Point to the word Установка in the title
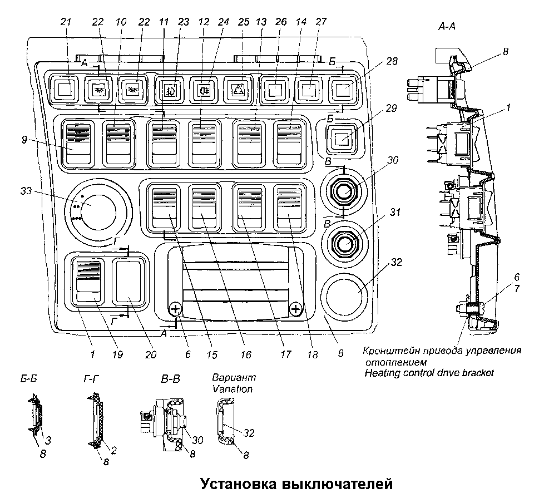pos(240,484)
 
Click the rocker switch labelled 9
pos(78,142)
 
